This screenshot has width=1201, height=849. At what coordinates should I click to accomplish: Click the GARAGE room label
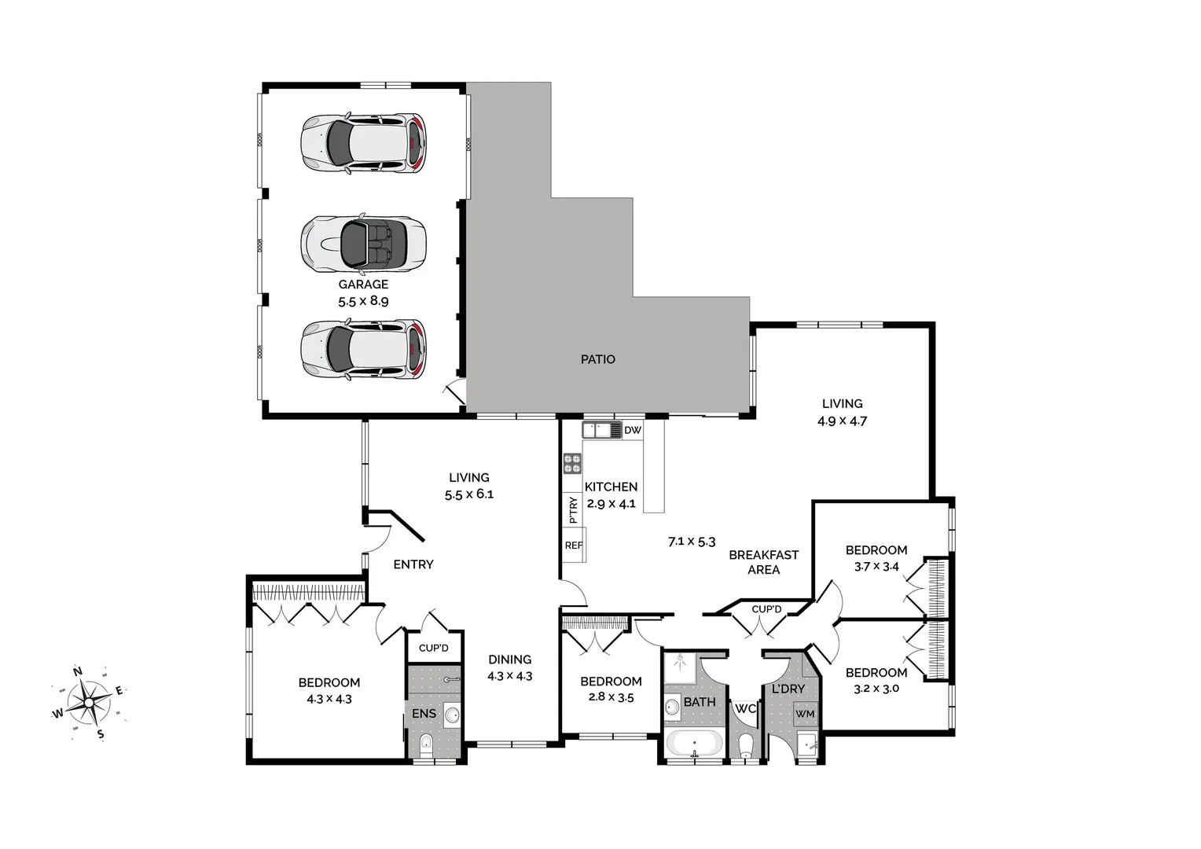(363, 285)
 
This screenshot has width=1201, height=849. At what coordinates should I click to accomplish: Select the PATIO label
(597, 359)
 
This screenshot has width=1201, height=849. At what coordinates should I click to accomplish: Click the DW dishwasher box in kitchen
(633, 431)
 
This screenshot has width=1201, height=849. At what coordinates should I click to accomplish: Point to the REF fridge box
(574, 546)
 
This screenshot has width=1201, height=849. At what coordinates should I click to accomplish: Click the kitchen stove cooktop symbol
(572, 464)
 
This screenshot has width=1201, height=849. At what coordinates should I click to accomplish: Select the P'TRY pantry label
(573, 510)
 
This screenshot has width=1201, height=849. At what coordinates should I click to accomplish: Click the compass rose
(89, 702)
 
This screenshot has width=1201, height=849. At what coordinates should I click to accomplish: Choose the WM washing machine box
(805, 714)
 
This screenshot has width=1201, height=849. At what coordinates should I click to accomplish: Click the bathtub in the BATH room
(694, 743)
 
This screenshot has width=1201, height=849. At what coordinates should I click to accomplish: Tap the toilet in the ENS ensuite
(425, 744)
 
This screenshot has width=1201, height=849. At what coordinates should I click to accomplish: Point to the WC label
(745, 708)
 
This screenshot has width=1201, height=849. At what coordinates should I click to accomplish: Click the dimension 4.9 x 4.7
(842, 421)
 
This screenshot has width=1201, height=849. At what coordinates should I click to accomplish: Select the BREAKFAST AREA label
(763, 562)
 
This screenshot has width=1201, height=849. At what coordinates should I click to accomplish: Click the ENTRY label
(413, 564)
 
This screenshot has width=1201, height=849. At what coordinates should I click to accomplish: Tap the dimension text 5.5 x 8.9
(363, 301)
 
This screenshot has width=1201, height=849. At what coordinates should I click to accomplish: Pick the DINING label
(509, 660)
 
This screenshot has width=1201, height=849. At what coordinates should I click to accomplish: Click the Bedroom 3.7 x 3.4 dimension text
(876, 566)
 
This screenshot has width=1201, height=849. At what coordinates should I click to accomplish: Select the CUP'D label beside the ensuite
(433, 649)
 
